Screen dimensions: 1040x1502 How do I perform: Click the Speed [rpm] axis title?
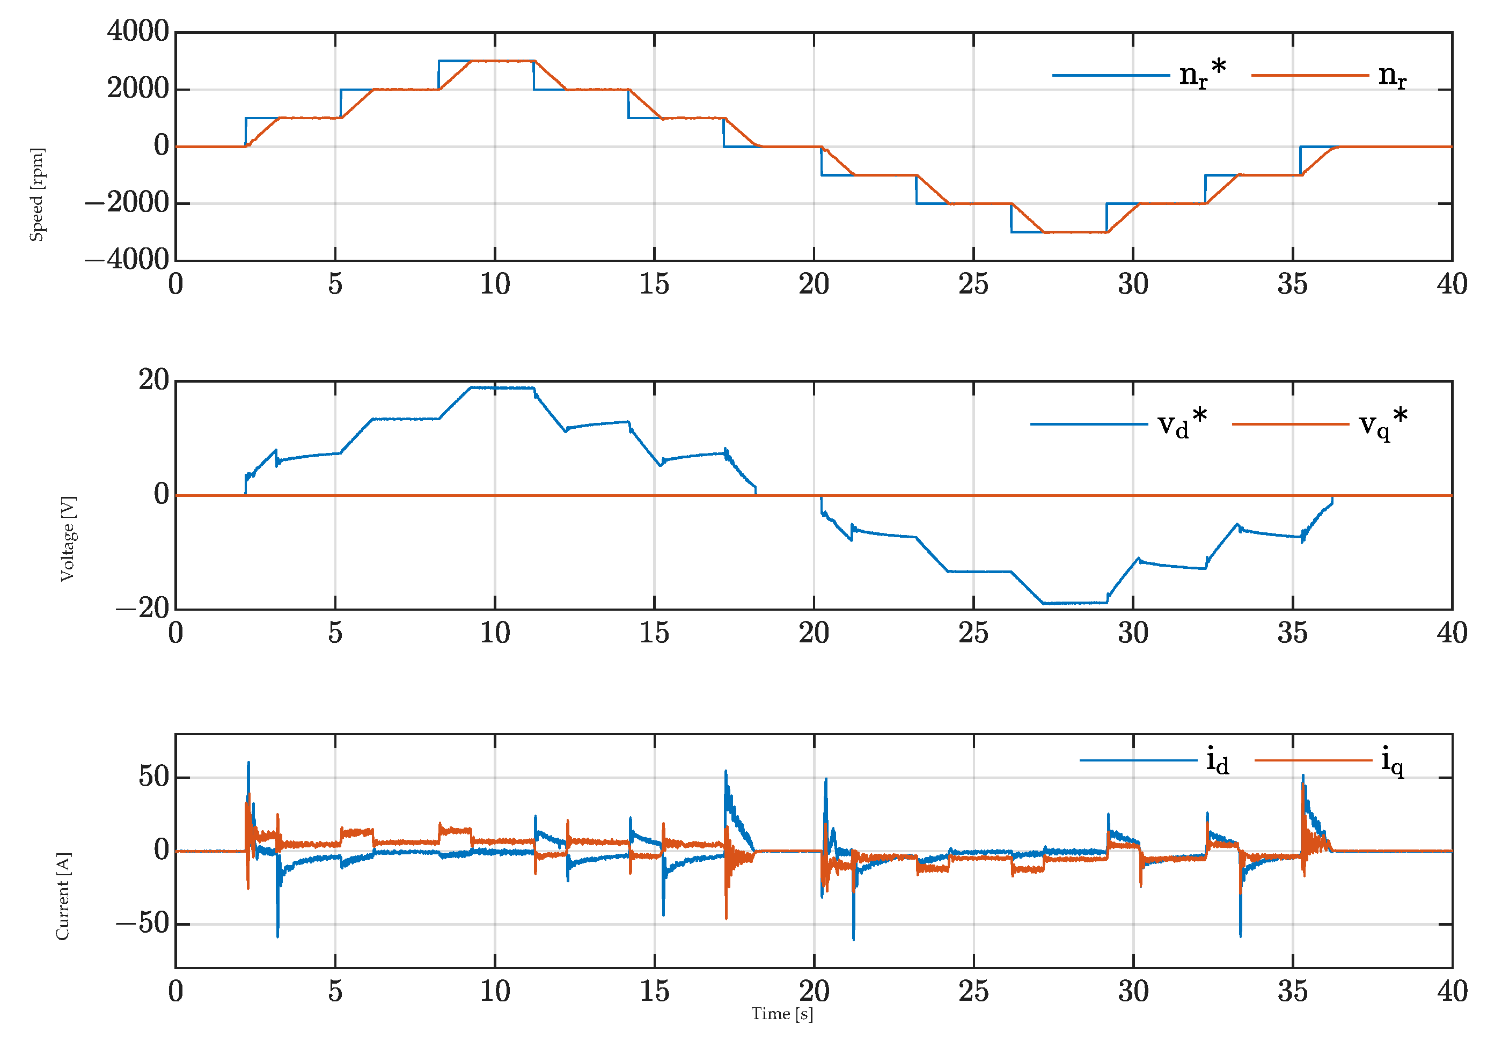37,194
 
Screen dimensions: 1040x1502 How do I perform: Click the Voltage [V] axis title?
68,539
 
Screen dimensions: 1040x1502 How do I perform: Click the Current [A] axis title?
63,896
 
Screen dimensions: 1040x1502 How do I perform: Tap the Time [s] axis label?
782,1013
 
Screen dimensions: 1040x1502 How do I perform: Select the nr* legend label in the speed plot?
1202,74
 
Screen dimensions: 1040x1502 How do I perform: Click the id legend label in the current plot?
1217,760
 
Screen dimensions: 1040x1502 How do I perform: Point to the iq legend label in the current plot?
1393,760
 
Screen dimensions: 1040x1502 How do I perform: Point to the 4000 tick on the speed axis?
138,31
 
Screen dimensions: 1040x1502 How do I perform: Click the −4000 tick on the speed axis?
127,259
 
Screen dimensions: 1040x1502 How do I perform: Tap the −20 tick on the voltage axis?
143,608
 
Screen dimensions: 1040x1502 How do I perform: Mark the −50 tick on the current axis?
143,924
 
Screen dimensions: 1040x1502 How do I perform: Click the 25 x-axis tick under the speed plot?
973,284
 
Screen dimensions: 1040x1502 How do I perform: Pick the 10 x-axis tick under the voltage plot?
495,633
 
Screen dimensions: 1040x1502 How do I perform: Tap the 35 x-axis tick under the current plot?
1292,991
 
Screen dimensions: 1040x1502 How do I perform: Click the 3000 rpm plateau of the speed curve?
502,61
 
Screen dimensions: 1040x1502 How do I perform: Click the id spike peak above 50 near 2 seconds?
248,763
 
